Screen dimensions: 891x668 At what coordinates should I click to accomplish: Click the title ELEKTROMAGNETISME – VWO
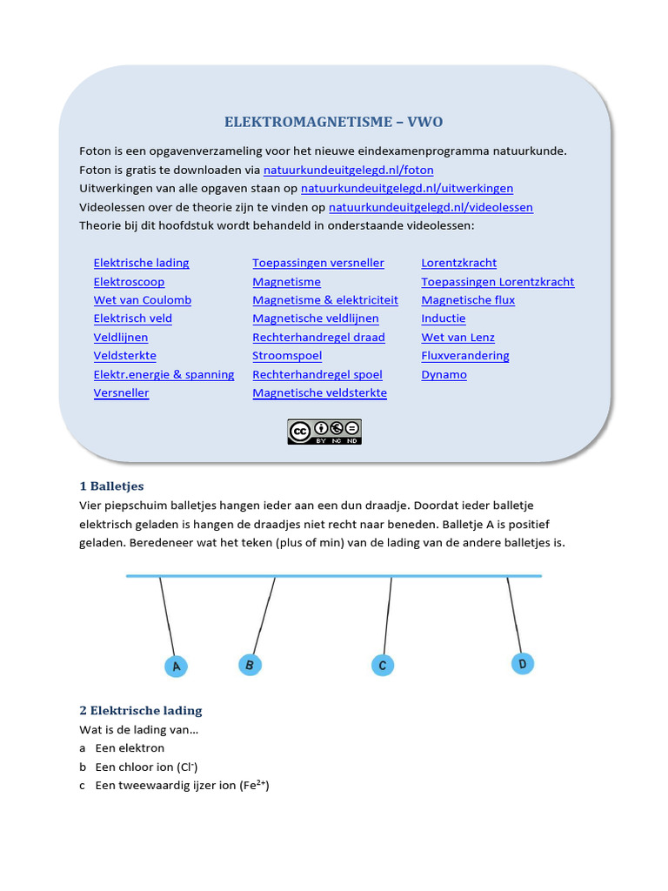[x=335, y=122]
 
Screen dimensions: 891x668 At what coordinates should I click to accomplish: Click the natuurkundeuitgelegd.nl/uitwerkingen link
[x=407, y=188]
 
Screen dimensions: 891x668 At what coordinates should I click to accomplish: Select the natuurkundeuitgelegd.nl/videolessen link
[x=431, y=207]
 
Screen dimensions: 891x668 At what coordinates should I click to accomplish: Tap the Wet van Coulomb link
[x=143, y=300]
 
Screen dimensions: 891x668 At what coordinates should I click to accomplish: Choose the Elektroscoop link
[x=129, y=282]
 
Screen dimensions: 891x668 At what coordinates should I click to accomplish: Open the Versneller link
[x=121, y=393]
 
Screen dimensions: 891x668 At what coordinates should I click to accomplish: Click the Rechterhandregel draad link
[x=318, y=338]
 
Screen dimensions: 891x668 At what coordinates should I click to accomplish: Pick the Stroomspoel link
[x=287, y=356]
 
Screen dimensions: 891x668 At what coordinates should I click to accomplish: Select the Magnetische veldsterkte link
[x=319, y=393]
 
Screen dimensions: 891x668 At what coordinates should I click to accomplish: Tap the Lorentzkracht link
[x=459, y=263]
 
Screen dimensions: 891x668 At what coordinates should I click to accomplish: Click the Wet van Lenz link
[x=458, y=338]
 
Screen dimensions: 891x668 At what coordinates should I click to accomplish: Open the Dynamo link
[x=444, y=375]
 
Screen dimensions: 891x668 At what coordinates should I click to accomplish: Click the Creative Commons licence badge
[x=324, y=432]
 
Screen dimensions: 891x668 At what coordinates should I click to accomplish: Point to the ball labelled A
[x=176, y=667]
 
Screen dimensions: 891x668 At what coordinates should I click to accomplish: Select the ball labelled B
[x=250, y=666]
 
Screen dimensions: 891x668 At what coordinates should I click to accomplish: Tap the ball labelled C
[x=382, y=666]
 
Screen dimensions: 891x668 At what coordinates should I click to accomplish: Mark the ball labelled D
[x=523, y=664]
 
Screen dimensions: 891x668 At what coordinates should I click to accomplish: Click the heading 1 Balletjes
[x=111, y=486]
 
